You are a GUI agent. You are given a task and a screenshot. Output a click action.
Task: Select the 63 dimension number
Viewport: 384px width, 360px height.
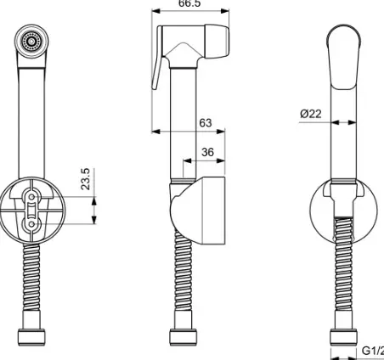point(205,123)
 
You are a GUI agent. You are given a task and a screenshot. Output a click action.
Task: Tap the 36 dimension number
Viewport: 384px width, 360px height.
point(206,153)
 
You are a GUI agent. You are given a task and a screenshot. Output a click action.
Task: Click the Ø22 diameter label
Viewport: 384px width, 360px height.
point(311,114)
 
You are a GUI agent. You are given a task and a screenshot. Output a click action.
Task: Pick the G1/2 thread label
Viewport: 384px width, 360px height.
point(372,350)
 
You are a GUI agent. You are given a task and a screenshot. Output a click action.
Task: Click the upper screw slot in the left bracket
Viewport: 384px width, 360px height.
point(34,198)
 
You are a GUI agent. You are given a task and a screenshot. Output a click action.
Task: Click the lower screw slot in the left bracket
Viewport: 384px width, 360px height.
point(34,222)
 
